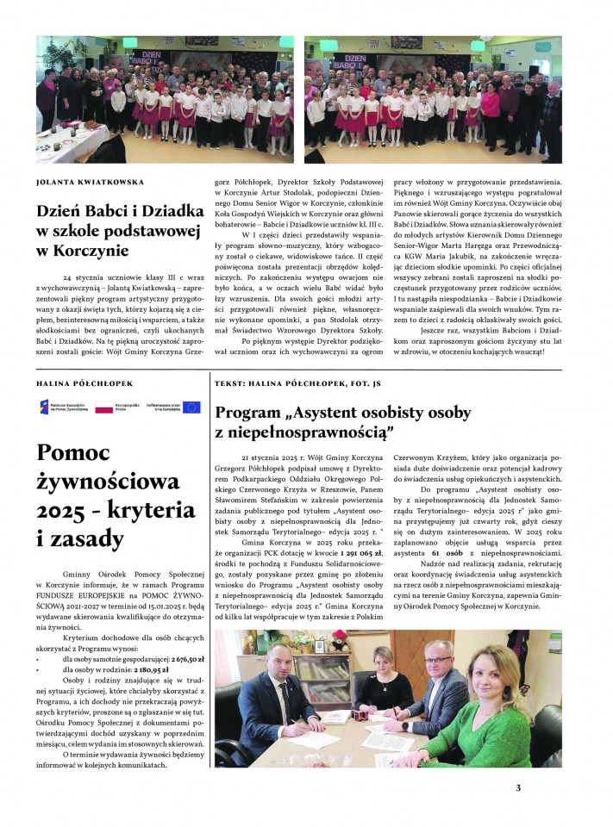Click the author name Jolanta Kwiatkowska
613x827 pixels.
coord(90,183)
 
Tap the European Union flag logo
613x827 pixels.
coord(191,407)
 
